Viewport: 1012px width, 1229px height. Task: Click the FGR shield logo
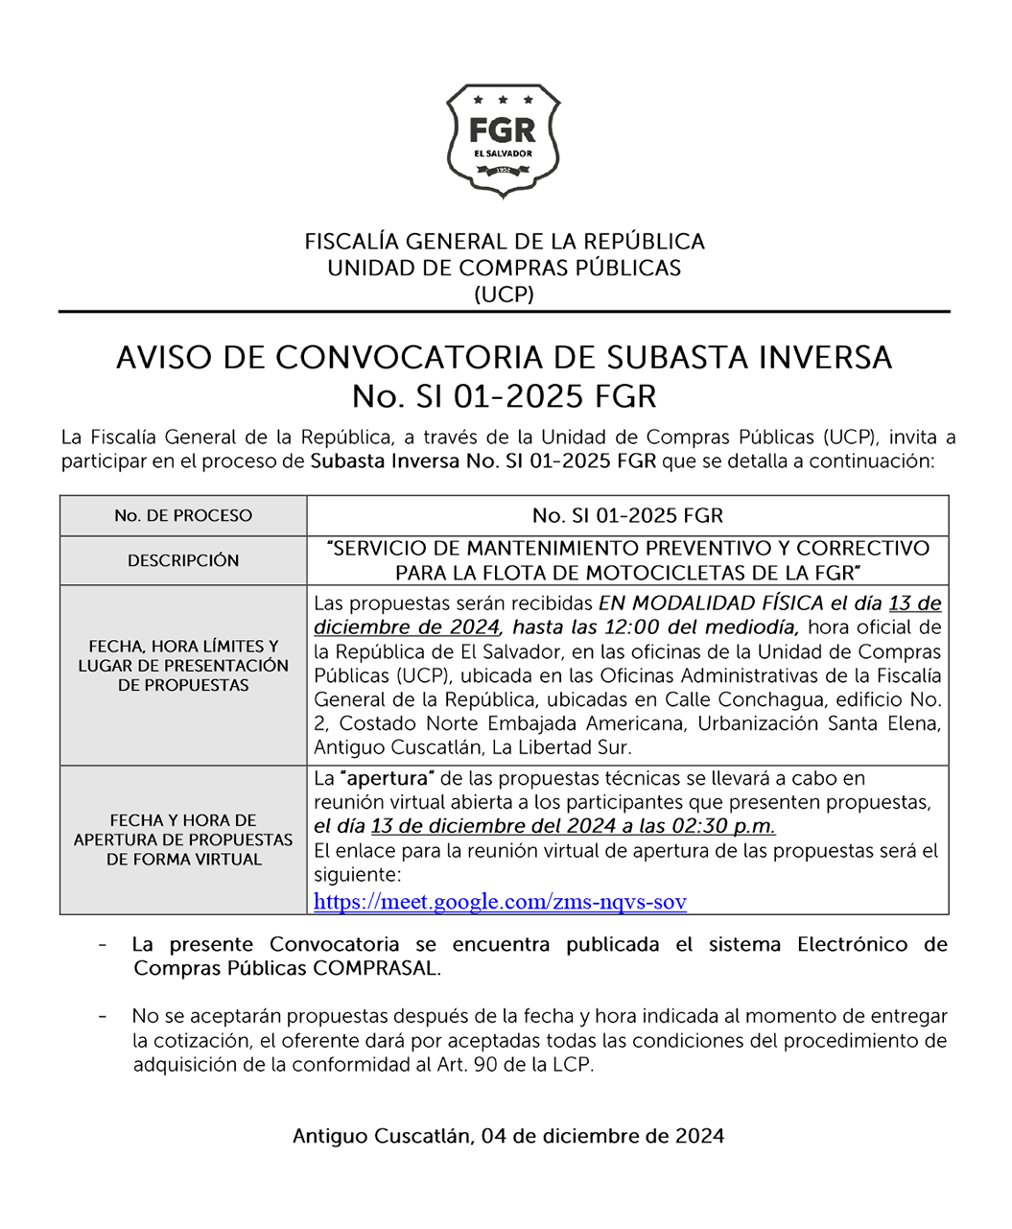tap(504, 140)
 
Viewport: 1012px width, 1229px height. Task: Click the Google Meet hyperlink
tap(500, 902)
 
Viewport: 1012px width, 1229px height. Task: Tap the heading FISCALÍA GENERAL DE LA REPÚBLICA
tap(505, 242)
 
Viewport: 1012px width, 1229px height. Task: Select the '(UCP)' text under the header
tap(505, 295)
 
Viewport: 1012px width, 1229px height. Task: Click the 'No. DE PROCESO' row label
tap(183, 516)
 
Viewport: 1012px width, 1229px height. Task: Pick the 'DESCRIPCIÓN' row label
tap(183, 560)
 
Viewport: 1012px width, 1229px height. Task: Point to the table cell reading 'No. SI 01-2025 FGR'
tap(627, 516)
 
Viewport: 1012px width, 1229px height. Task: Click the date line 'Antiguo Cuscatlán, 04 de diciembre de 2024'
tap(508, 1137)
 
